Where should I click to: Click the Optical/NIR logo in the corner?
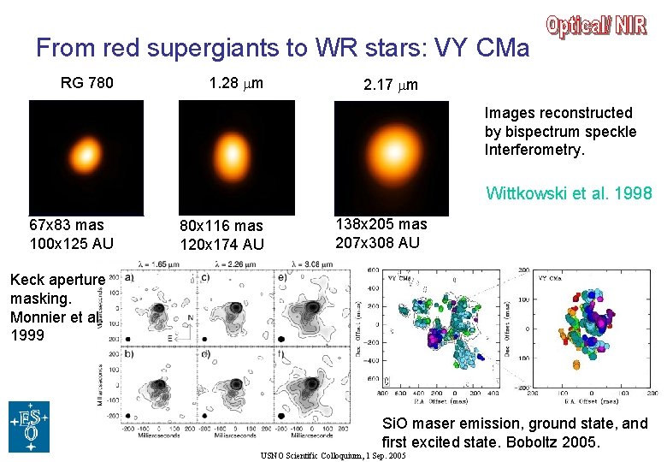(596, 27)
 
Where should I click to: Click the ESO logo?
(29, 426)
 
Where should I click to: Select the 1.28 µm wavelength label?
(236, 83)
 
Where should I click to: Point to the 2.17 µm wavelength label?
(391, 86)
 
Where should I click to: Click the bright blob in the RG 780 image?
(84, 156)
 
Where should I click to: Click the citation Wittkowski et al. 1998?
(569, 193)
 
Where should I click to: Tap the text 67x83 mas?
(66, 225)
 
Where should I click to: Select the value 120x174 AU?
(221, 245)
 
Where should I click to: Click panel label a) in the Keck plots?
(130, 276)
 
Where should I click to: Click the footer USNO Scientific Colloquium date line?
(333, 456)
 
